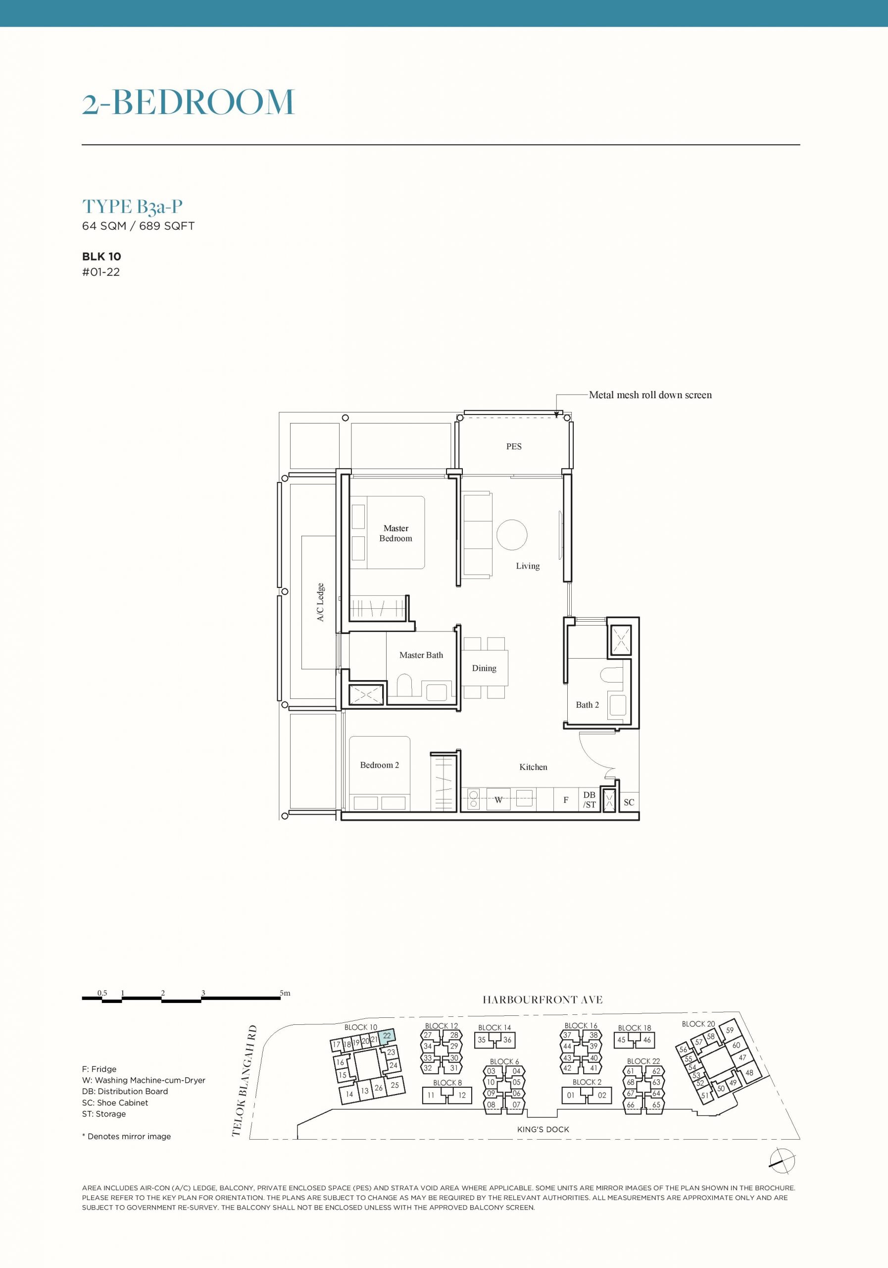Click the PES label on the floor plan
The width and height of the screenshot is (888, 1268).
(514, 446)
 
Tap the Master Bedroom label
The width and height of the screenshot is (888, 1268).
(395, 533)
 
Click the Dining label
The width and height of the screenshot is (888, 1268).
(484, 668)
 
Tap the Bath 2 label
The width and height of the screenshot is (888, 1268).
(587, 705)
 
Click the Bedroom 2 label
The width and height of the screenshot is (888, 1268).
(379, 765)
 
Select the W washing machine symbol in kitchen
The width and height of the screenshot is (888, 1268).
(498, 799)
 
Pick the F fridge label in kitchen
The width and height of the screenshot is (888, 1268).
(566, 799)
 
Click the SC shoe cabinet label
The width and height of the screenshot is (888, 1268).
(629, 802)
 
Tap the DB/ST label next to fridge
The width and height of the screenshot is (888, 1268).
(590, 799)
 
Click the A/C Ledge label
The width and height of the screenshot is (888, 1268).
(320, 602)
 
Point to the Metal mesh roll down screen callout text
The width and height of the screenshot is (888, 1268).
(650, 395)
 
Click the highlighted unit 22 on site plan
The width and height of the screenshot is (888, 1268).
(388, 1037)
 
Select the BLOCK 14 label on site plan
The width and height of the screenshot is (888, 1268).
(494, 1028)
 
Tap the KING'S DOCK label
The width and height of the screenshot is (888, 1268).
(543, 1129)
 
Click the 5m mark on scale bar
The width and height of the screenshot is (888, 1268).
(285, 993)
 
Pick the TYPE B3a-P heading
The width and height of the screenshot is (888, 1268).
(133, 207)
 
